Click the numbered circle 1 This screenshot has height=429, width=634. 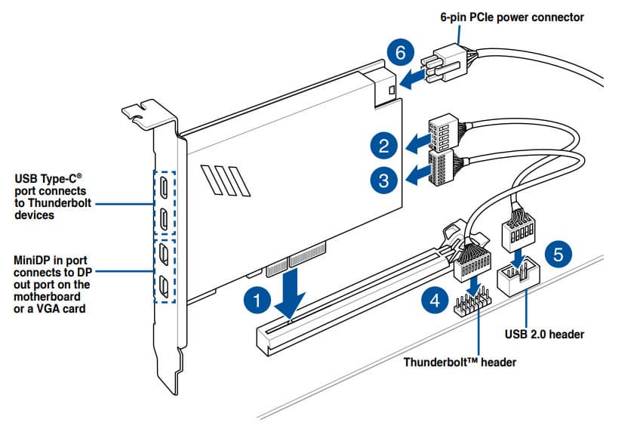pyautogui.click(x=258, y=300)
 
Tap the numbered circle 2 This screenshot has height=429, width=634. pyautogui.click(x=384, y=144)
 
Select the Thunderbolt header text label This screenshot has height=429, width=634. pyautogui.click(x=460, y=362)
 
